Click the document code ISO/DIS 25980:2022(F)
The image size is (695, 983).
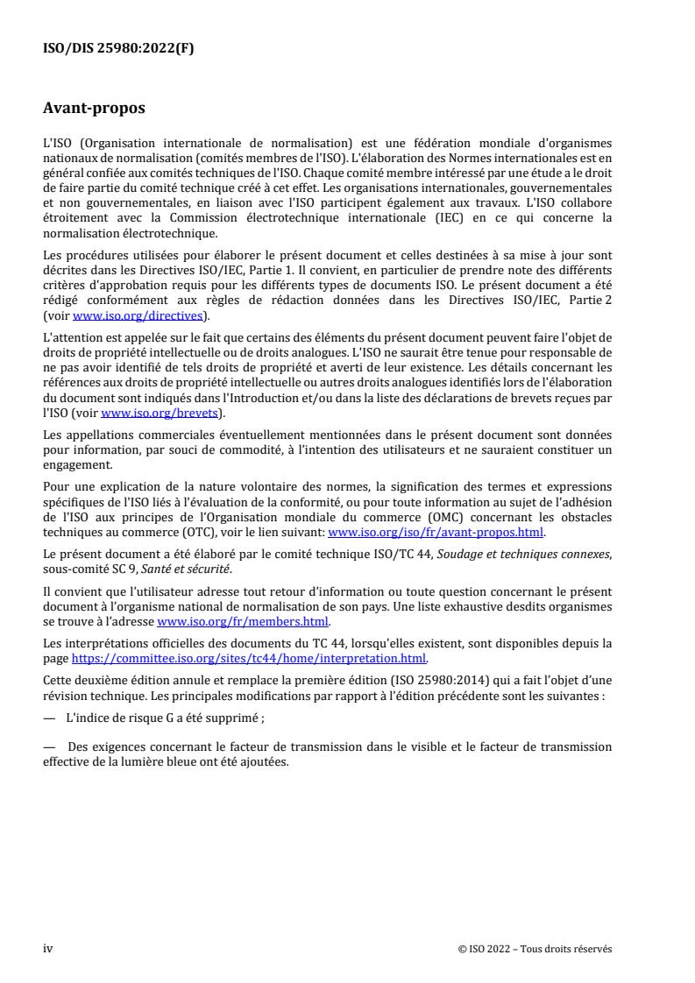coord(118,49)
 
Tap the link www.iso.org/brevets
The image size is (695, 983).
coord(162,414)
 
